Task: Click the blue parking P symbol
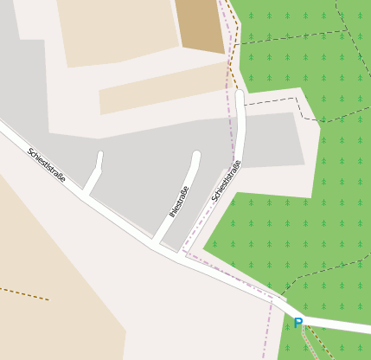[x=297, y=324]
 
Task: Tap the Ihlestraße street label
[x=179, y=202]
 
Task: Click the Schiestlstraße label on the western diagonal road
[x=47, y=164]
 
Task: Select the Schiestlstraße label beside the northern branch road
[x=226, y=181]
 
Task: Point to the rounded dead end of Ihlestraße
[x=196, y=156]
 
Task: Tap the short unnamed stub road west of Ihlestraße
[x=94, y=177]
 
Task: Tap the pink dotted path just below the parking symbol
[x=308, y=342]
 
